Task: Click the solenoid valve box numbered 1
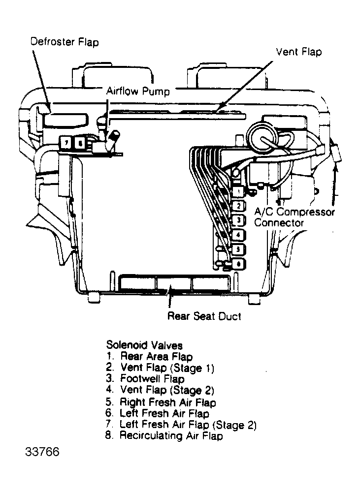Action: tap(237, 190)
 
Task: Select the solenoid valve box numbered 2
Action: tap(237, 205)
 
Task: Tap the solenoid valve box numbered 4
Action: tap(237, 235)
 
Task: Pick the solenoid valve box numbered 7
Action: tap(65, 143)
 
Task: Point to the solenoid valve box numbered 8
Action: tap(79, 143)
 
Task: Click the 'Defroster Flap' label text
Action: tap(64, 42)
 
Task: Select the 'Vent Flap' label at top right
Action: tap(298, 52)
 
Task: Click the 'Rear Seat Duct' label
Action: tap(204, 316)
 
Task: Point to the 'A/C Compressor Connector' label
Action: tap(294, 217)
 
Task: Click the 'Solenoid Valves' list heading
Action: tap(144, 345)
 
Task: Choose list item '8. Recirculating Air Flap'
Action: tap(164, 436)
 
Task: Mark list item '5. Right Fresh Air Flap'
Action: tap(161, 402)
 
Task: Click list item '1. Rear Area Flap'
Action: tap(149, 357)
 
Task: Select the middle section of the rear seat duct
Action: tap(173, 284)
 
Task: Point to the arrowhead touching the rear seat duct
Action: tap(170, 292)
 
